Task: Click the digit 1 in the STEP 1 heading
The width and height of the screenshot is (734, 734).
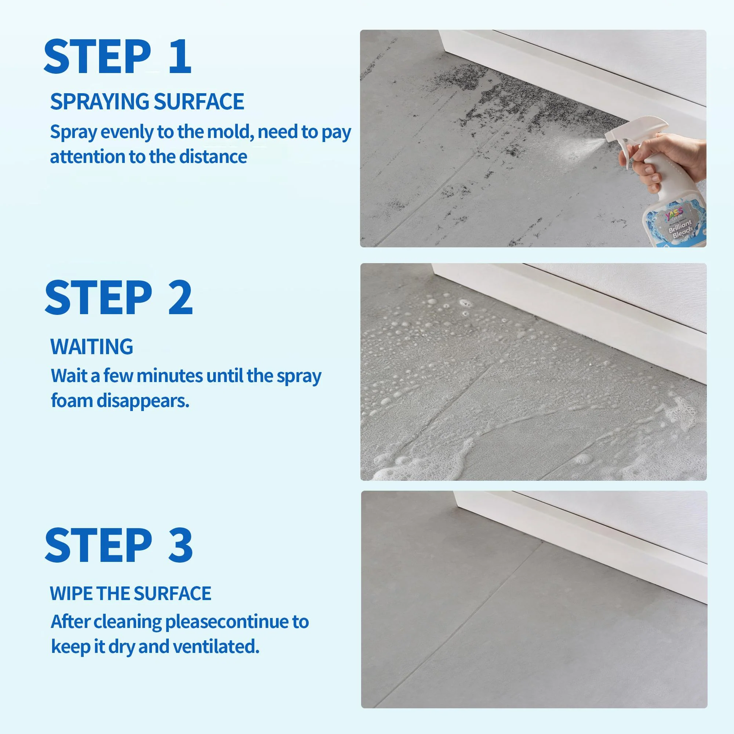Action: [180, 57]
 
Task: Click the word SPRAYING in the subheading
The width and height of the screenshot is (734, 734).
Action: [99, 102]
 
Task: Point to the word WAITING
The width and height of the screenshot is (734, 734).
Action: [91, 346]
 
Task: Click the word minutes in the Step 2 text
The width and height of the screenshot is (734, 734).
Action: [170, 376]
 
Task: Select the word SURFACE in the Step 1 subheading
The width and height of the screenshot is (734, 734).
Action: [199, 102]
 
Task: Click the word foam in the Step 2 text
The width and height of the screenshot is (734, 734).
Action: [72, 401]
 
